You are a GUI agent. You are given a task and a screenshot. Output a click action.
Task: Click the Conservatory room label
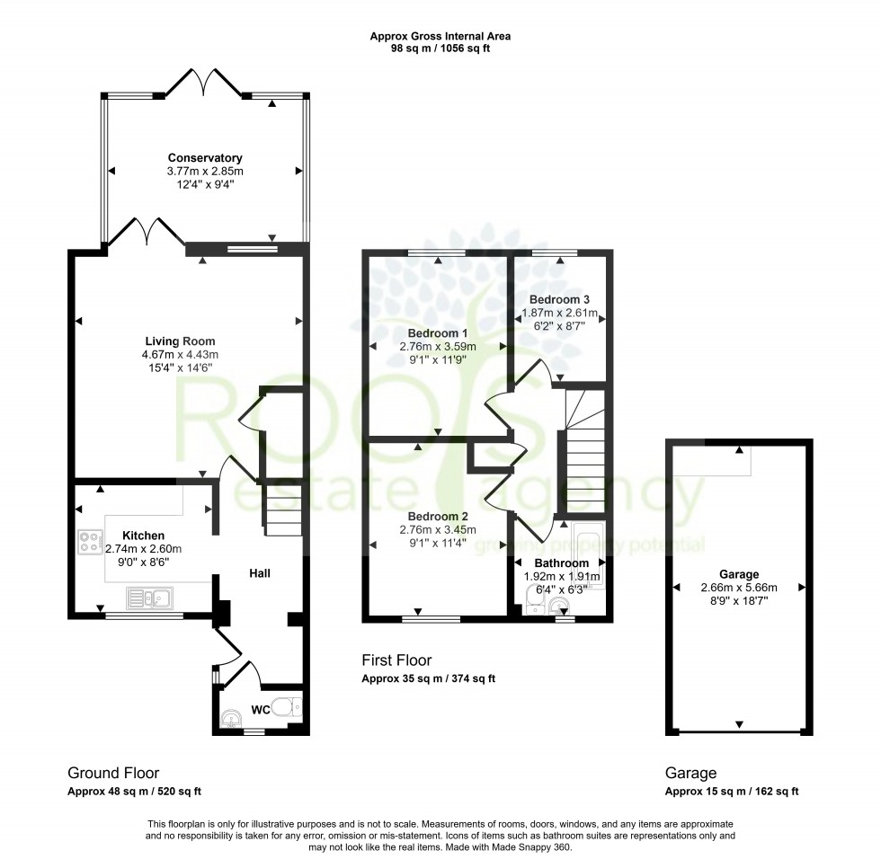tap(205, 158)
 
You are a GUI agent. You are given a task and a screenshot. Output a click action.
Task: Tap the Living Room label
tap(181, 341)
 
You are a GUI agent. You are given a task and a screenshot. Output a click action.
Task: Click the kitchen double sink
tap(149, 598)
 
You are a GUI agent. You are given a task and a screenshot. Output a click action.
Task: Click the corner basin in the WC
tap(230, 719)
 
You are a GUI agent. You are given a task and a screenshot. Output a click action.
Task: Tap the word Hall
tap(260, 572)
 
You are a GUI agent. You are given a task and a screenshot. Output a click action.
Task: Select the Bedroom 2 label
tap(437, 516)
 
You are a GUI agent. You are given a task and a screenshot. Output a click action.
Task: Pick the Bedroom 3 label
tap(558, 298)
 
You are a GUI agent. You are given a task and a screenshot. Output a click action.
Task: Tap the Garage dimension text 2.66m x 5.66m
tap(738, 588)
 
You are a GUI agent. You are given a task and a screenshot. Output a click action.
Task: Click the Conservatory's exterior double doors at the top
tap(205, 83)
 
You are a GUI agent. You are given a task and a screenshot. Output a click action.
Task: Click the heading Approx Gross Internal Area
tap(440, 37)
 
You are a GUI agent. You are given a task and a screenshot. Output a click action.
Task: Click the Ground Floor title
tap(113, 773)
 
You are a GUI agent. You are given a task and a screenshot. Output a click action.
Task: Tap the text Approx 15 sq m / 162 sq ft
tap(731, 792)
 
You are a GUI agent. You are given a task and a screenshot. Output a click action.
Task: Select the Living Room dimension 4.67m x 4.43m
tap(181, 354)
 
